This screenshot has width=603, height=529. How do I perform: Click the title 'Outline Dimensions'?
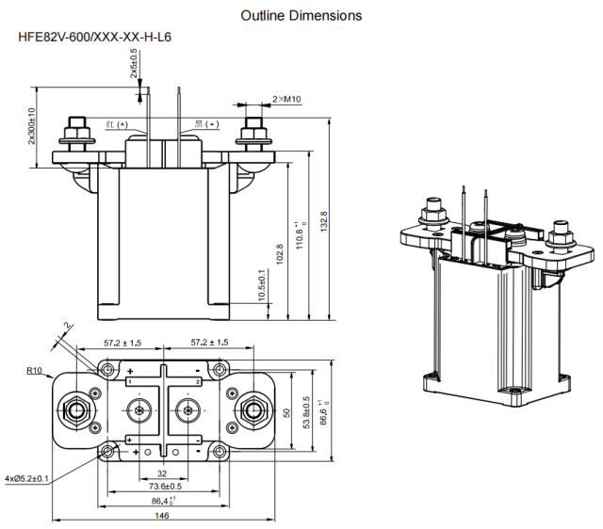pos(301,16)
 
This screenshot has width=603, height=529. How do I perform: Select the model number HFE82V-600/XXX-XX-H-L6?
pos(94,38)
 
